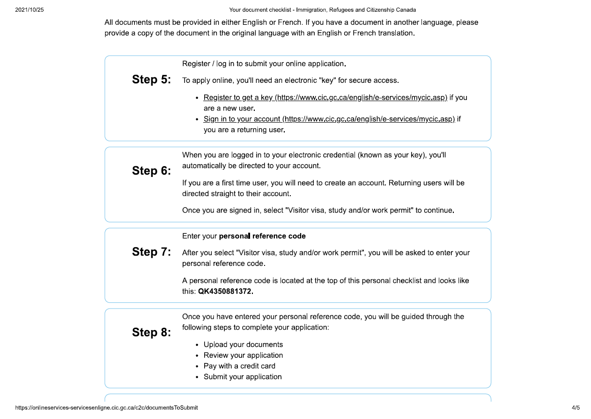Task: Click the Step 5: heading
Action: pyautogui.click(x=151, y=80)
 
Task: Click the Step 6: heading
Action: pyautogui.click(x=151, y=171)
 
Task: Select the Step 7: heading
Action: pyautogui.click(x=151, y=252)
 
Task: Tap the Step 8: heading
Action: pyautogui.click(x=151, y=332)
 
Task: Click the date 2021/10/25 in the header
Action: pyautogui.click(x=30, y=10)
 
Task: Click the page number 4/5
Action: pyautogui.click(x=576, y=408)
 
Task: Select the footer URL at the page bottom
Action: pyautogui.click(x=106, y=408)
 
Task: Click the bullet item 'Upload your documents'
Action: pyautogui.click(x=243, y=345)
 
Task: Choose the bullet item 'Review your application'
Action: pyautogui.click(x=243, y=355)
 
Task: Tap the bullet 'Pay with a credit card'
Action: pyautogui.click(x=239, y=366)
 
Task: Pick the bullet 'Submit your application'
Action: pyautogui.click(x=243, y=377)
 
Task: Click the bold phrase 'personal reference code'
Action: pyautogui.click(x=262, y=236)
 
